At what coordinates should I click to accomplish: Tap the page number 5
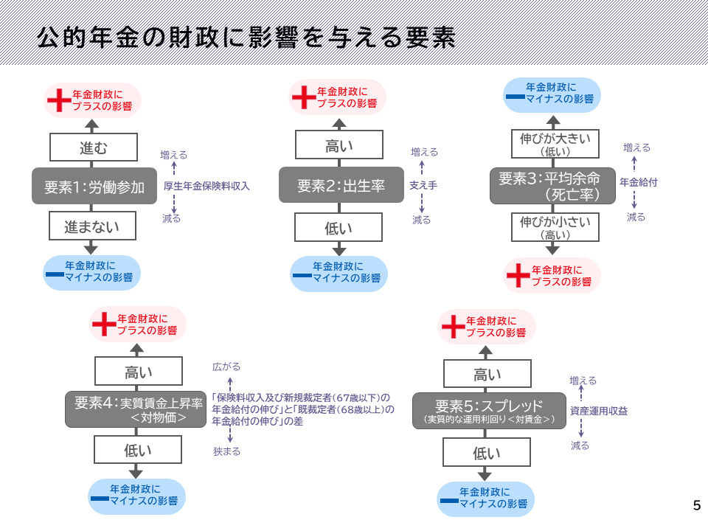(696, 506)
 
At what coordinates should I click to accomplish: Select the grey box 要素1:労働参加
(93, 186)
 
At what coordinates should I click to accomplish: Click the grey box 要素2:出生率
(341, 186)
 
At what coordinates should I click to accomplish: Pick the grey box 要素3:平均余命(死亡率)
(553, 186)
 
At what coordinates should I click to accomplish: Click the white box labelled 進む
(93, 147)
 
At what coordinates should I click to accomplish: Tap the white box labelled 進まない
(93, 226)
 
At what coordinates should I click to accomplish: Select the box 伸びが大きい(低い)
(553, 144)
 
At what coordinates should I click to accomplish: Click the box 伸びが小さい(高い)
(553, 227)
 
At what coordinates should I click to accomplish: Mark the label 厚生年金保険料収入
(206, 187)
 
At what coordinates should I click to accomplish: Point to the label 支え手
(423, 186)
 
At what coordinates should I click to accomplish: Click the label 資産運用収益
(599, 412)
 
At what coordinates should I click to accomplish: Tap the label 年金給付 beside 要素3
(638, 181)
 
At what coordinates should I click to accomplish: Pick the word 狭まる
(226, 451)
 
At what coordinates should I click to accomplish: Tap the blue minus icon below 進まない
(54, 274)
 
